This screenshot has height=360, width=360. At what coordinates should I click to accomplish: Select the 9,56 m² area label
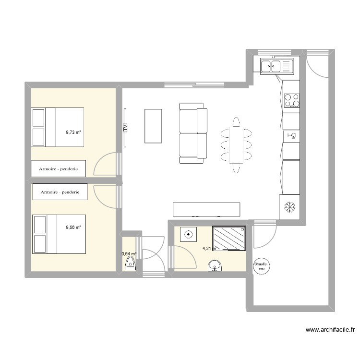tap(73, 228)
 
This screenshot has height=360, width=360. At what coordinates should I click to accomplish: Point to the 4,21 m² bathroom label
tap(210, 249)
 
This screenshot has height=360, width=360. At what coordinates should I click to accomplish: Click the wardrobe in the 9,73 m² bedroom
tap(59, 168)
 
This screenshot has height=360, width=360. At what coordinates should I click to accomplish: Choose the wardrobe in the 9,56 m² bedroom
tap(60, 192)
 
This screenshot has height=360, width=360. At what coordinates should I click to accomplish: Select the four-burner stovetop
tap(291, 100)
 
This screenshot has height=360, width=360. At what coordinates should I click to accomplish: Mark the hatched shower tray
tap(229, 238)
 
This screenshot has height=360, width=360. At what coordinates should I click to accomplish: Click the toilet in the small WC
tap(130, 264)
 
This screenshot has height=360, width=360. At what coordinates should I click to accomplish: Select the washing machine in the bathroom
tap(188, 235)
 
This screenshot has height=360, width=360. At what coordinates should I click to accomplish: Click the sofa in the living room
tap(193, 133)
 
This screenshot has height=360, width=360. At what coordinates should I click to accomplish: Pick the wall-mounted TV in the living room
tap(125, 128)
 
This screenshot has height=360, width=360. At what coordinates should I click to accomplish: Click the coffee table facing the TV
tap(153, 126)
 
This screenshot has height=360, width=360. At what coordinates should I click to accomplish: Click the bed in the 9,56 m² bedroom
tap(59, 234)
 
